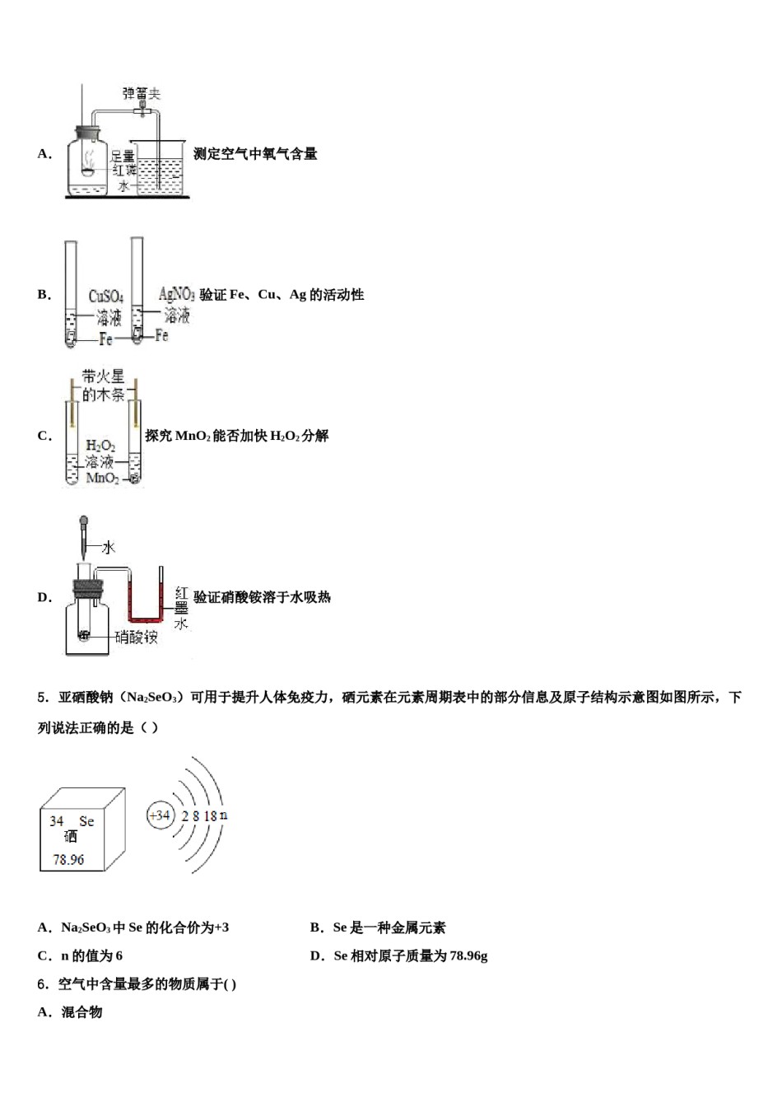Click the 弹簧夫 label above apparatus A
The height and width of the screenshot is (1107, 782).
pos(141,94)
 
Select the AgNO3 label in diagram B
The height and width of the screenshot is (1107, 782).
pos(176,294)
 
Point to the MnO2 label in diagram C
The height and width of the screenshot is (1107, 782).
pos(102,479)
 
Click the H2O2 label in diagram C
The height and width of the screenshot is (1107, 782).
pos(100,446)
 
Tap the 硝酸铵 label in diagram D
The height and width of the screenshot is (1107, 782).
pos(136,637)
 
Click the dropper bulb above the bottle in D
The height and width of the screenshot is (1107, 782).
pos(83,521)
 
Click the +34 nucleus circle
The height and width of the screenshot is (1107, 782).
pos(159,815)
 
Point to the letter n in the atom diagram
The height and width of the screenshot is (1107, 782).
pos(224,815)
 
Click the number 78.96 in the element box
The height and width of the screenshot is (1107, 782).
pos(68,859)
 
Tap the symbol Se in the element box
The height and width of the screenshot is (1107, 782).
pos(86,821)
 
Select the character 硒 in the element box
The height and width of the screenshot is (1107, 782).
pos(71,837)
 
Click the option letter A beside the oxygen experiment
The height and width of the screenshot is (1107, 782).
pos(44,154)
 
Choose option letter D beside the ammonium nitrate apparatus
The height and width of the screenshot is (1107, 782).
pos(44,597)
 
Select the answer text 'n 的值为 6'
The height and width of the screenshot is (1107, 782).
pos(91,955)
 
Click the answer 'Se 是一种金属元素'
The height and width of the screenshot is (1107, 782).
pos(389,927)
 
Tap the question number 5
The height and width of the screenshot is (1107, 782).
pos(42,698)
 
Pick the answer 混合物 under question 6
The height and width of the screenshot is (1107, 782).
pos(81,1012)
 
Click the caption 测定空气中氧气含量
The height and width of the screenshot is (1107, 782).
pos(255,154)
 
